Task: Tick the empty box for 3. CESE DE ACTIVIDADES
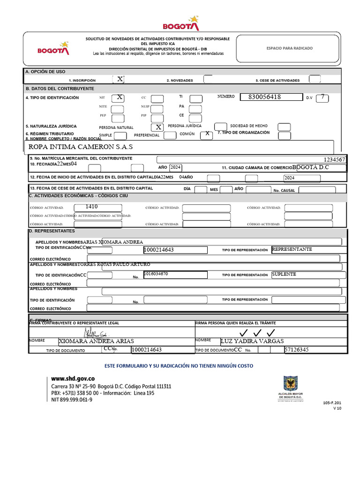click(315, 79)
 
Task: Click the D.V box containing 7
click(322, 97)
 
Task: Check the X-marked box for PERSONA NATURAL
click(158, 127)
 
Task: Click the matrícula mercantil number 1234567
click(334, 160)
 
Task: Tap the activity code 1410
click(92, 206)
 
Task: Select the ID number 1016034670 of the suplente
click(156, 273)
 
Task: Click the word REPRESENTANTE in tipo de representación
click(292, 249)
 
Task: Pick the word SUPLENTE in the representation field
click(284, 274)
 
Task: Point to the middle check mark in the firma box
click(257, 333)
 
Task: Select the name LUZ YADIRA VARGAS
click(252, 341)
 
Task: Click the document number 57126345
click(296, 350)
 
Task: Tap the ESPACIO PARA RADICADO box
click(289, 48)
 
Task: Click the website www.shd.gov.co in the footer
click(73, 378)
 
